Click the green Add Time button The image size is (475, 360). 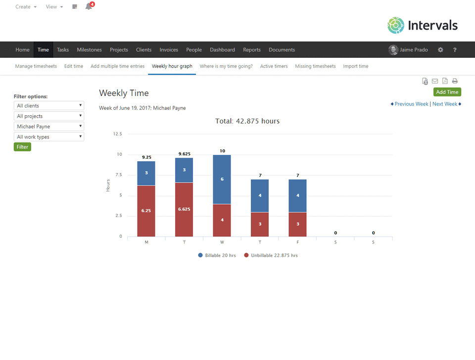(x=447, y=92)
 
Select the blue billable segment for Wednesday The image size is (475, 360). (x=222, y=179)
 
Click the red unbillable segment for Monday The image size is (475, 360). (x=146, y=211)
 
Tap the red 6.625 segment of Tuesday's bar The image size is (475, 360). (x=184, y=209)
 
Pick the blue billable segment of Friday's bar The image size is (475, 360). (x=297, y=195)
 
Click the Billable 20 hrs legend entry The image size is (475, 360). (x=217, y=255)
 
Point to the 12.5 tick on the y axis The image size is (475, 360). (x=117, y=134)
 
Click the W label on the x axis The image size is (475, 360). (x=222, y=242)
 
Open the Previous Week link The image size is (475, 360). (x=411, y=104)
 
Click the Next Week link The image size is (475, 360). (x=445, y=104)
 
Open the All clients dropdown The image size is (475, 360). (x=49, y=106)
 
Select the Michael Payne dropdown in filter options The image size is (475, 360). (x=49, y=127)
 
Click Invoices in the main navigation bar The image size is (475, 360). (x=169, y=50)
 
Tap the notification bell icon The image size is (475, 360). (x=89, y=7)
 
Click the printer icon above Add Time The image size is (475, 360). (x=455, y=81)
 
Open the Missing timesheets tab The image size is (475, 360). (x=315, y=66)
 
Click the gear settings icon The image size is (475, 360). (x=440, y=50)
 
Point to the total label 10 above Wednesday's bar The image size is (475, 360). (x=222, y=150)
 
